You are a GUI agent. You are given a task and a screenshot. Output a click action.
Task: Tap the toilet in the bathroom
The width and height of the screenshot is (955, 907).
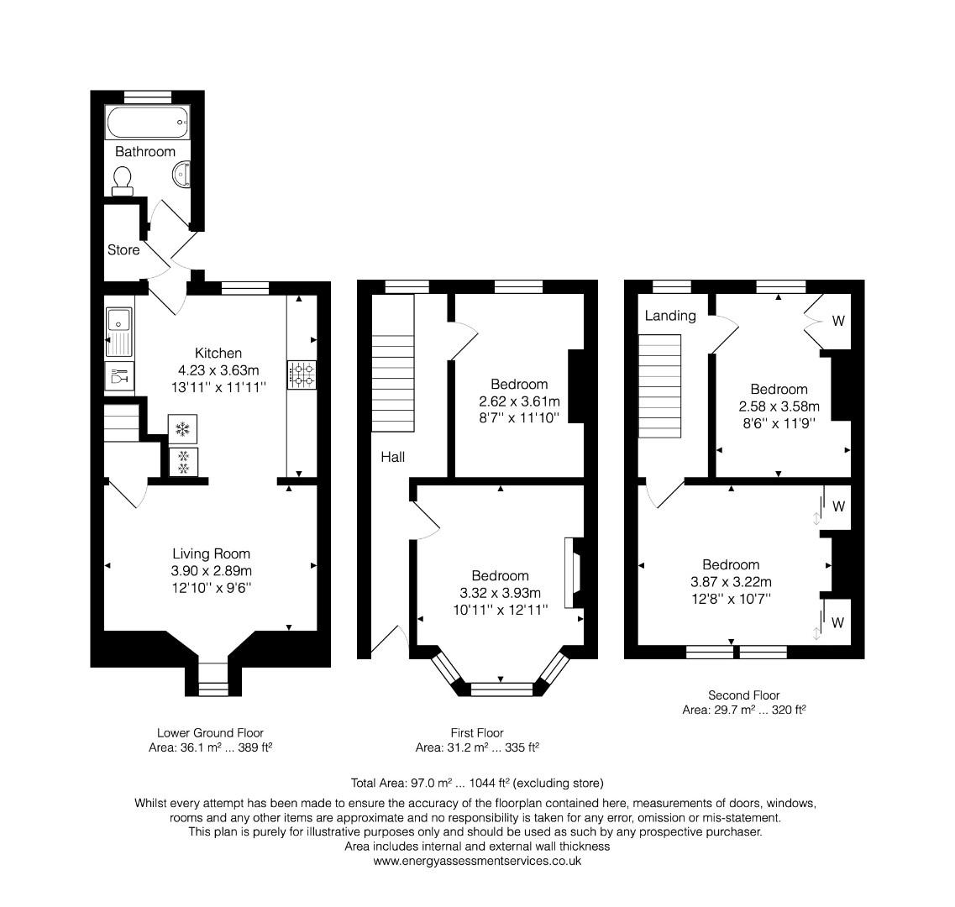(x=123, y=180)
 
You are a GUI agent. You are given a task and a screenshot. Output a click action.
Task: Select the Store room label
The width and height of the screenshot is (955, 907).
(x=123, y=250)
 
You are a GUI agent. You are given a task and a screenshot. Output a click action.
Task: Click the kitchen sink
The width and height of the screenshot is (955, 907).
(x=118, y=331)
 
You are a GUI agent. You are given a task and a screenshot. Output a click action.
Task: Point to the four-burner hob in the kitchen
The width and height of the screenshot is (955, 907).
(x=302, y=375)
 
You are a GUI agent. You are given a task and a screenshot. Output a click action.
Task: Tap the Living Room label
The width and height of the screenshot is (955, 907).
(x=211, y=554)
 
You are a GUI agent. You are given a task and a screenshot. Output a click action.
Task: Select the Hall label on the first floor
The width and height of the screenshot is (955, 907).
(x=392, y=457)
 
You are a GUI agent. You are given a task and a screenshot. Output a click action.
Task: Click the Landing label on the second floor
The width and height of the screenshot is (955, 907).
(x=670, y=316)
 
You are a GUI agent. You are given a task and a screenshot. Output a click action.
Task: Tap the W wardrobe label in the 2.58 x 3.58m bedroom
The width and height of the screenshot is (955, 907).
(x=838, y=321)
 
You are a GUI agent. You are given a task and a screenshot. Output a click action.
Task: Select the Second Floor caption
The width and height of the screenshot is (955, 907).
(x=743, y=695)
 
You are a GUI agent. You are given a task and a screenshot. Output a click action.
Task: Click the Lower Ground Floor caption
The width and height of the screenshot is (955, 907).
(x=209, y=733)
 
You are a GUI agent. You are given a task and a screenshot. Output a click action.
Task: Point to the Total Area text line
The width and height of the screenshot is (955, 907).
(x=476, y=783)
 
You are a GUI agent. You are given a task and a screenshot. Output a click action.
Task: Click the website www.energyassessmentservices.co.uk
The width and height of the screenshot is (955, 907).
(x=476, y=861)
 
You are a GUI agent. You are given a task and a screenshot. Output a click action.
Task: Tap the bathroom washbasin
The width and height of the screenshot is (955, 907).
(x=184, y=173)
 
